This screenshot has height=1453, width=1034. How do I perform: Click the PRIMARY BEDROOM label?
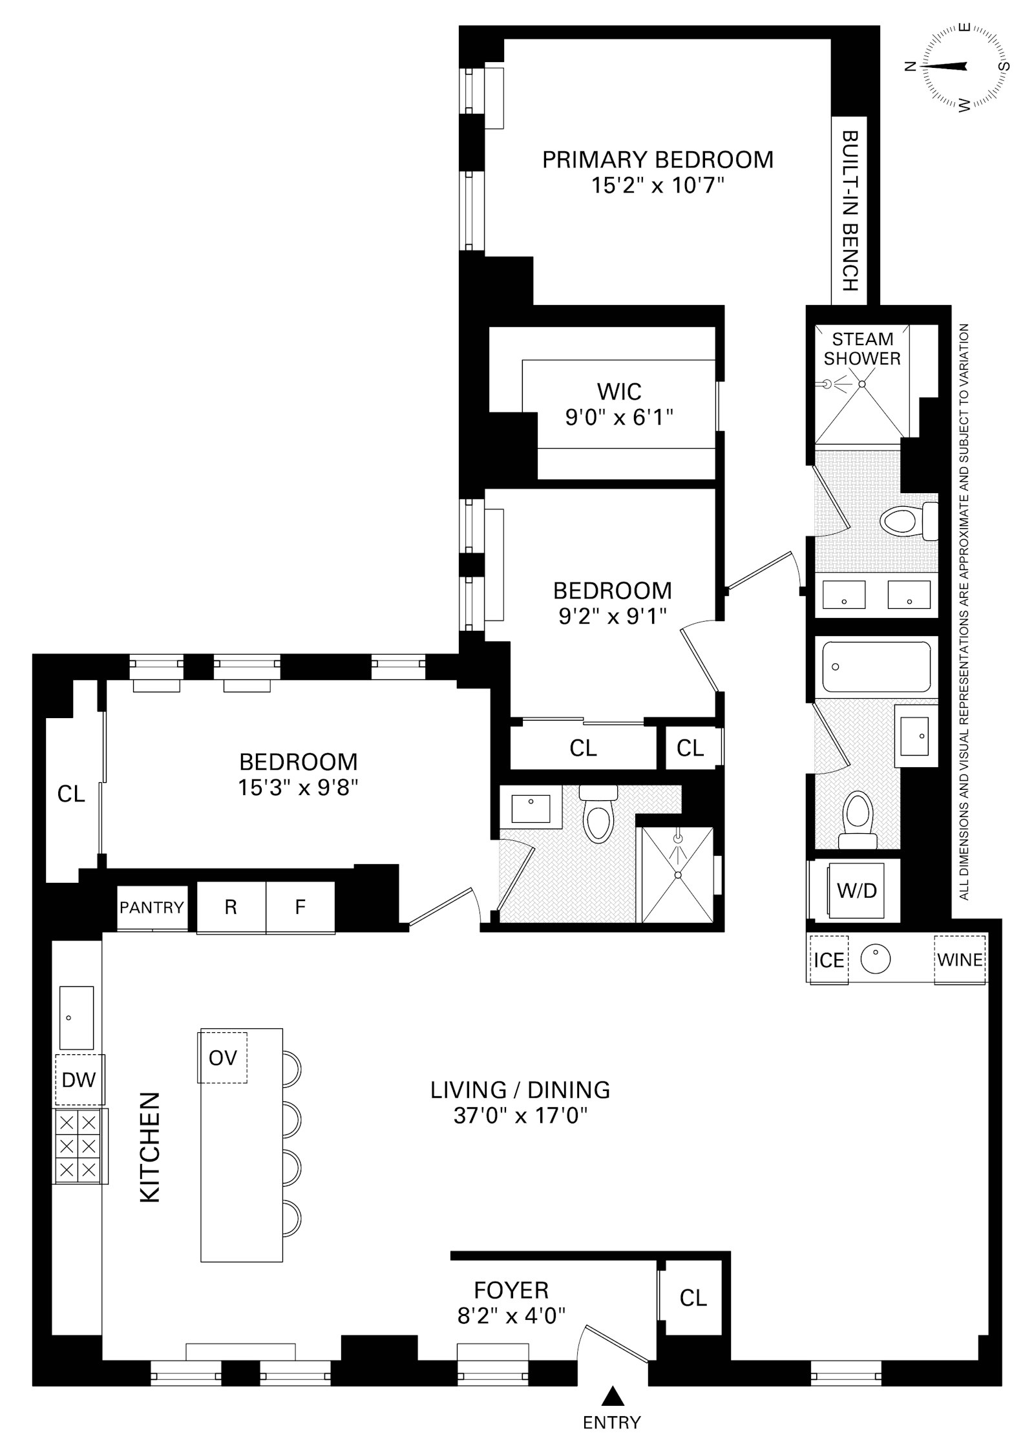click(x=657, y=160)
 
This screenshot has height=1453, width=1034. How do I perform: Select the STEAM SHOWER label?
click(x=862, y=348)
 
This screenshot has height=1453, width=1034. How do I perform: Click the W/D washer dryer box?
click(x=857, y=891)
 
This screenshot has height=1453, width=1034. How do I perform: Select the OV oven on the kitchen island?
click(x=222, y=1058)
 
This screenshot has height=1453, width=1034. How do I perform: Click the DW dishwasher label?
click(x=79, y=1079)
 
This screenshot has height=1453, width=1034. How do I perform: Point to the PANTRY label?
click(x=152, y=907)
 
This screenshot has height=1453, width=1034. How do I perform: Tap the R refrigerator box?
click(x=231, y=907)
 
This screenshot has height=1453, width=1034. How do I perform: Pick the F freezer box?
click(x=301, y=907)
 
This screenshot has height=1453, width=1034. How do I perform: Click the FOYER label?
click(x=511, y=1290)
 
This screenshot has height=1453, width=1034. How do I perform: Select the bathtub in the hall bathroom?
click(x=875, y=666)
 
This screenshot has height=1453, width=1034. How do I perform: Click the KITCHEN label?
click(x=151, y=1148)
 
